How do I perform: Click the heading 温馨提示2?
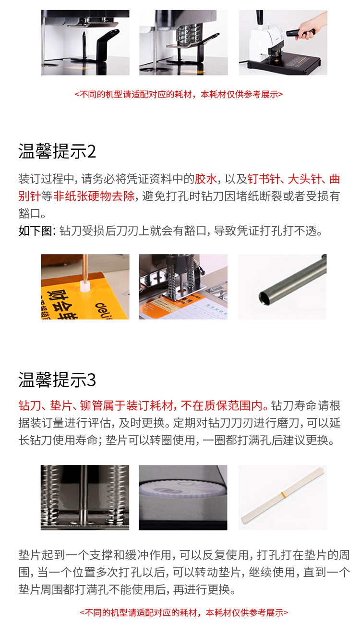click(x=57, y=151)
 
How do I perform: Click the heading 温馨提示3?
click(x=57, y=379)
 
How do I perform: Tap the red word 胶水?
click(x=206, y=179)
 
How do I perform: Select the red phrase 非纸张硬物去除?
click(x=94, y=196)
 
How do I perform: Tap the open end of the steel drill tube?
click(x=264, y=299)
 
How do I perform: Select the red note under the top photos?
click(x=179, y=94)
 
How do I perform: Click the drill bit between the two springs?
click(x=84, y=497)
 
